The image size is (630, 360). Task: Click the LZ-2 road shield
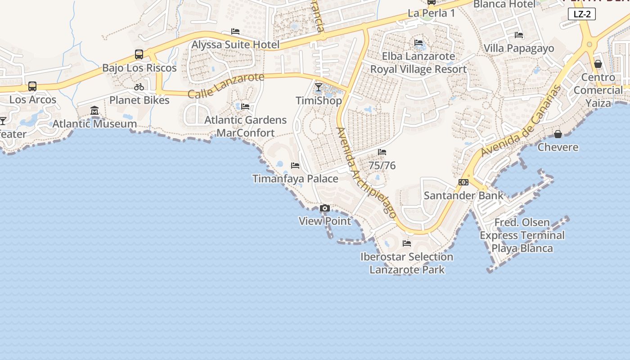(x=582, y=14)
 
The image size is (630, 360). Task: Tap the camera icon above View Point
(x=324, y=208)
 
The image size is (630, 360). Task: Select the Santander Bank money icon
(x=463, y=182)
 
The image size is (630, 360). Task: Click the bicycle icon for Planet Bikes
(x=139, y=87)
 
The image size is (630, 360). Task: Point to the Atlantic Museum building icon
(x=94, y=110)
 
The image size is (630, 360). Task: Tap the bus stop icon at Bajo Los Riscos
(x=139, y=54)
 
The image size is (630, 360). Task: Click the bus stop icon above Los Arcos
(x=32, y=86)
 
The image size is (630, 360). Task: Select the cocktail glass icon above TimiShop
(x=319, y=87)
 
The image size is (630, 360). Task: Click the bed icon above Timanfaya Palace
(x=295, y=166)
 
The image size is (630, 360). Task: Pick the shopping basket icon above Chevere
(x=558, y=134)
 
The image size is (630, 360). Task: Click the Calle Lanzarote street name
(x=226, y=85)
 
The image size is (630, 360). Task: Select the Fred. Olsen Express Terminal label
(x=522, y=235)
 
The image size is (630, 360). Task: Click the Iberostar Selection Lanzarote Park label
(x=407, y=263)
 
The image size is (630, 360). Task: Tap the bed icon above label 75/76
(x=382, y=152)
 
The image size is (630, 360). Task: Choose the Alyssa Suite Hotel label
(x=235, y=45)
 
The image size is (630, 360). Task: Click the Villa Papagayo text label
(x=519, y=48)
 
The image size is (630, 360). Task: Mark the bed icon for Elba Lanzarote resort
(x=418, y=43)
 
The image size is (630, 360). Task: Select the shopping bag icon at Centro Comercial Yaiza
(x=598, y=64)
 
